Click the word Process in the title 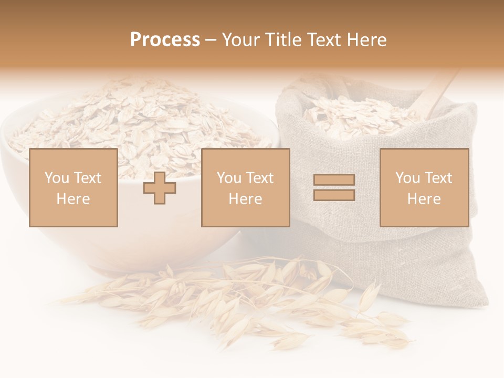click(165, 40)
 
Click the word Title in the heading click(284, 40)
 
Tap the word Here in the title click(365, 40)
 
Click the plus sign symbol click(160, 188)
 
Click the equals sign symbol click(334, 188)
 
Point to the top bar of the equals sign click(334, 180)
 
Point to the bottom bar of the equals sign click(334, 195)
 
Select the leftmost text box click(73, 188)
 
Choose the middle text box click(245, 188)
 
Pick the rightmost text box click(424, 188)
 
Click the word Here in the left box click(73, 199)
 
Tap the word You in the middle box click(229, 178)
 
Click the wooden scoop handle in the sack click(438, 94)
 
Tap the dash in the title click(211, 40)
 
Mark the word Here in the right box click(424, 199)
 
